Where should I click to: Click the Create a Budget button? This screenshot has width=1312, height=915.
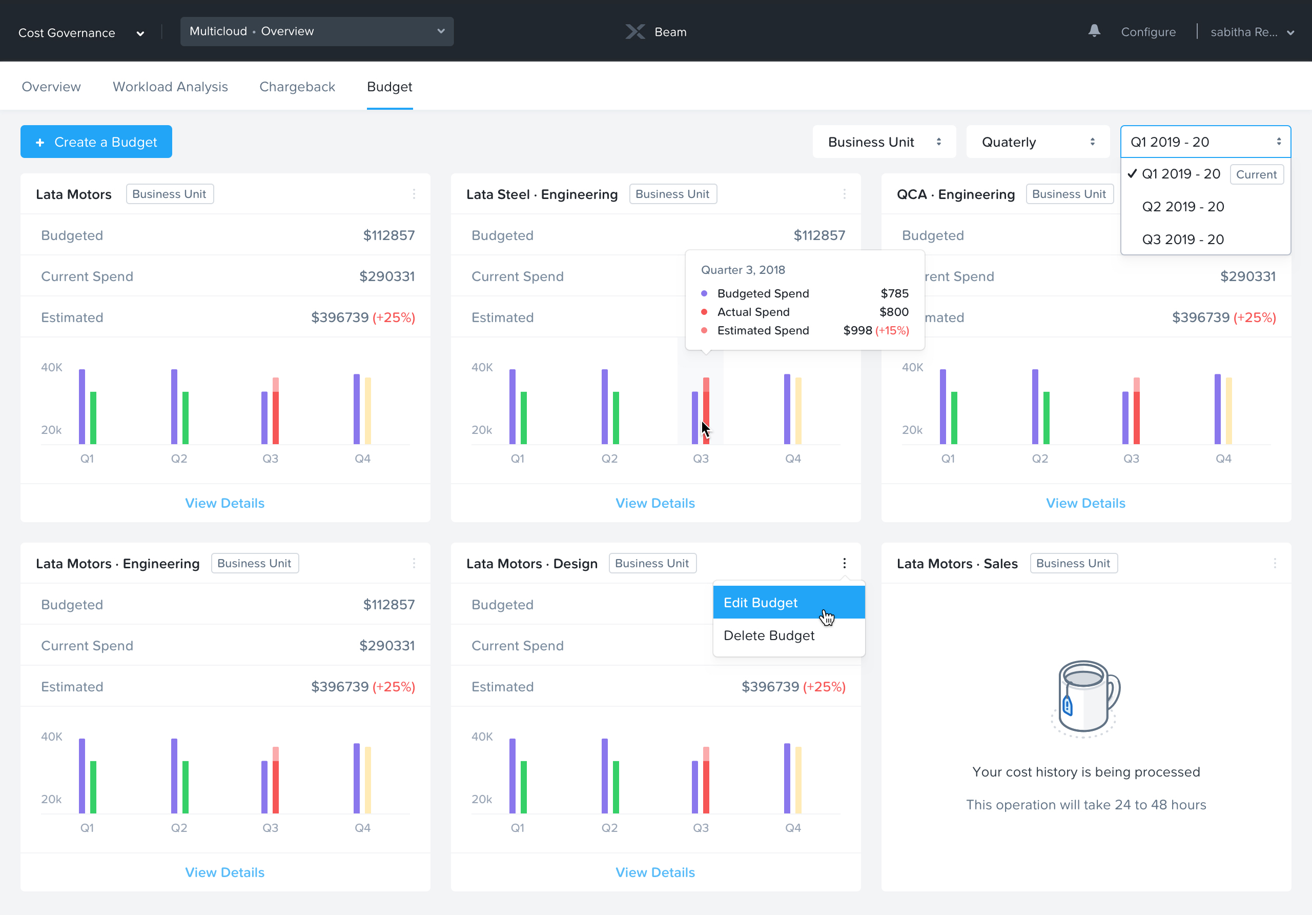[96, 142]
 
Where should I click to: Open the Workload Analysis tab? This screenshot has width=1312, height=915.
[170, 87]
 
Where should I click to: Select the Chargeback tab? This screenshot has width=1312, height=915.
[297, 87]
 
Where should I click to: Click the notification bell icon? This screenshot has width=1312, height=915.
[1094, 31]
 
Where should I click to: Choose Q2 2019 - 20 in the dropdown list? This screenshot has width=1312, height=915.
[1182, 207]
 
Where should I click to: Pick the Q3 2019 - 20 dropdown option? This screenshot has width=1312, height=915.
[1182, 240]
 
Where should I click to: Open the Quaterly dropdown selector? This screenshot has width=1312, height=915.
[1037, 142]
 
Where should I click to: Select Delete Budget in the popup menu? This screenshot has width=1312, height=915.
[769, 636]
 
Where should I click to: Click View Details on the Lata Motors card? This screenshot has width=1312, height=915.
[224, 503]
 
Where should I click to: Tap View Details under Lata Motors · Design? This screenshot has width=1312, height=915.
[655, 872]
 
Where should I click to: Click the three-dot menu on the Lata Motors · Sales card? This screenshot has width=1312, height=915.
[1274, 563]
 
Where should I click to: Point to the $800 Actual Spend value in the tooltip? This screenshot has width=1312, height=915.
[893, 312]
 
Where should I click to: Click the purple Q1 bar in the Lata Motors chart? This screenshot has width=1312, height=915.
[81, 407]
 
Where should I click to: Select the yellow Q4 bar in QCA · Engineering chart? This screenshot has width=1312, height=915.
[1228, 411]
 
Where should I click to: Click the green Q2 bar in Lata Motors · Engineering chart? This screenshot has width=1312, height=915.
[185, 787]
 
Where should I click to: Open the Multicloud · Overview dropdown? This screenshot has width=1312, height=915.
[317, 31]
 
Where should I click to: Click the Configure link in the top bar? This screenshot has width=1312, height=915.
[1147, 32]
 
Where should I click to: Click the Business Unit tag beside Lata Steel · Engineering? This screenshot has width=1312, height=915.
[672, 194]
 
